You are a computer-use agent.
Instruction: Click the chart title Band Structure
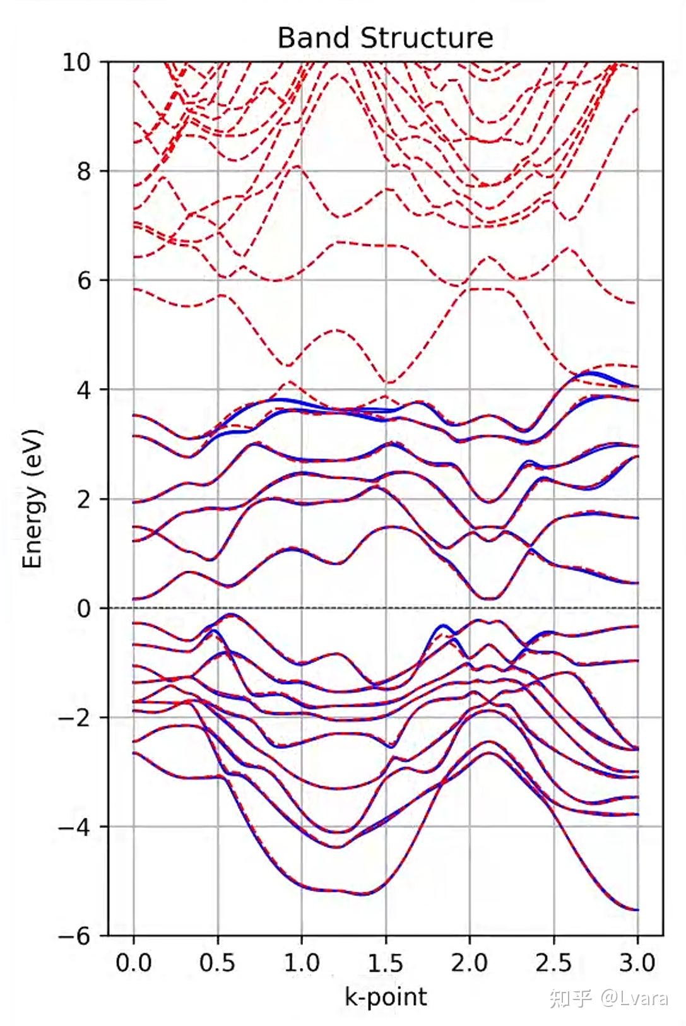pos(385,38)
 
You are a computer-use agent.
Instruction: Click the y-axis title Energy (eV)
pos(33,499)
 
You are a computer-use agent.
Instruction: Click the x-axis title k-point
pos(386,996)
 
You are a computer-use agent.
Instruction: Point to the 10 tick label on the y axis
pos(76,62)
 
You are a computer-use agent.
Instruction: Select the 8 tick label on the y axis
pos(85,172)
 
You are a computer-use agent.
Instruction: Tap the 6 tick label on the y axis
pos(85,281)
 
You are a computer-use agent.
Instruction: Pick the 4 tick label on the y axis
pos(85,390)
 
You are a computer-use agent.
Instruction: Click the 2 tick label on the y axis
pos(85,499)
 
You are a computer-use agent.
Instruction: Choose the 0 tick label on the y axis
pos(85,608)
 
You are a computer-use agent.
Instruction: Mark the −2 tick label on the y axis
pos(75,717)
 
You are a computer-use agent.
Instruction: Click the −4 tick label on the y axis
pos(75,827)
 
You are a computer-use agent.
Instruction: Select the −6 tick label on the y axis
pos(75,936)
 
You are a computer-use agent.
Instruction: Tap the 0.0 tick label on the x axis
pos(134,963)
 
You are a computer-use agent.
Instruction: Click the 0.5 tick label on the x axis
pos(218,963)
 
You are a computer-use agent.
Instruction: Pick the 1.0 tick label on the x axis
pos(302,963)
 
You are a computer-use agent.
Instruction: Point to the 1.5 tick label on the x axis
pos(386,963)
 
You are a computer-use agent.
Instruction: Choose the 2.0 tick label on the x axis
pos(470,963)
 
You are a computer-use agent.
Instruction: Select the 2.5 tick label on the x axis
pos(553,963)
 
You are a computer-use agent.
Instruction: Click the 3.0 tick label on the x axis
pos(637,963)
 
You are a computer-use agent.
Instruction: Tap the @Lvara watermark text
pos(634,998)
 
